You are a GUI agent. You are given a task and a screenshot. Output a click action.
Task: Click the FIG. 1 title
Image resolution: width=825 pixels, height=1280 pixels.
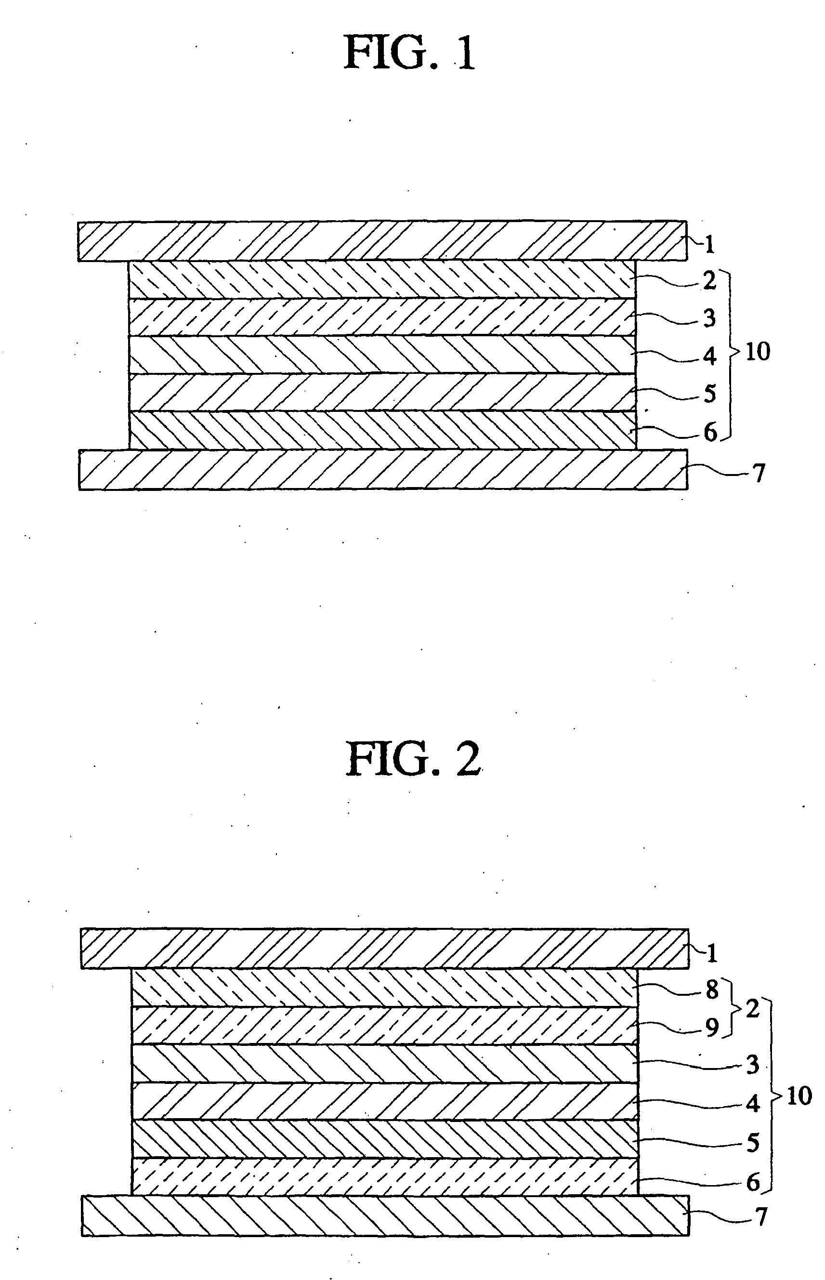[x=410, y=53]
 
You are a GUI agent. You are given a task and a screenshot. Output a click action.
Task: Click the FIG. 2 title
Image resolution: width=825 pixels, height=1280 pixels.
[x=414, y=760]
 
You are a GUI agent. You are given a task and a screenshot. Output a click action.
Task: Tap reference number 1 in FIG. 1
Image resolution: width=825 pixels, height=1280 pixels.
[x=710, y=245]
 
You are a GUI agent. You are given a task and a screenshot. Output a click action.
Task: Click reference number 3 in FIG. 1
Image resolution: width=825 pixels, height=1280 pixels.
[x=709, y=318]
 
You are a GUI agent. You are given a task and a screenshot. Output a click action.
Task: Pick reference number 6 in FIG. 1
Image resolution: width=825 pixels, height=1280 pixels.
[x=710, y=433]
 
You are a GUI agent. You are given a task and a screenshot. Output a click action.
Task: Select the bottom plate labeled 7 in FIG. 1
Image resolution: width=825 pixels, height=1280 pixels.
[x=382, y=469]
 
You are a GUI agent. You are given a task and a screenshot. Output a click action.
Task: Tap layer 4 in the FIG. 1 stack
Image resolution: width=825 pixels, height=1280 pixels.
[x=382, y=355]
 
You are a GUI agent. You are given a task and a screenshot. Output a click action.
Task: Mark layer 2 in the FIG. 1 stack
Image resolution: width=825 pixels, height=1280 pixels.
[x=382, y=280]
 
